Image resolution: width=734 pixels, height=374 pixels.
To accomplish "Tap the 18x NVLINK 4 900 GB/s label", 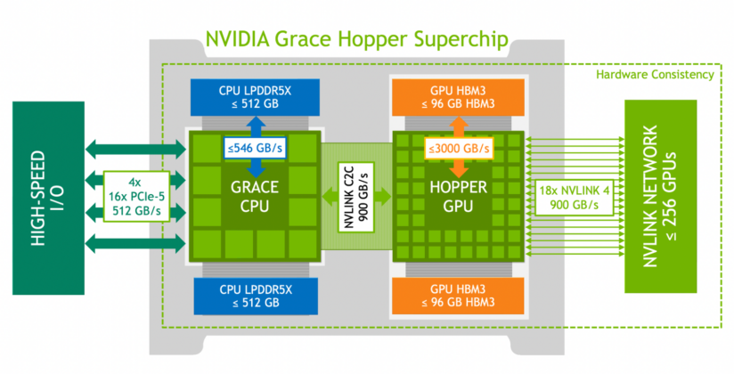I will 567,198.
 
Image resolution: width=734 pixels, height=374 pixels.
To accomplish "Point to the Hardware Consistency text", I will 655,75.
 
